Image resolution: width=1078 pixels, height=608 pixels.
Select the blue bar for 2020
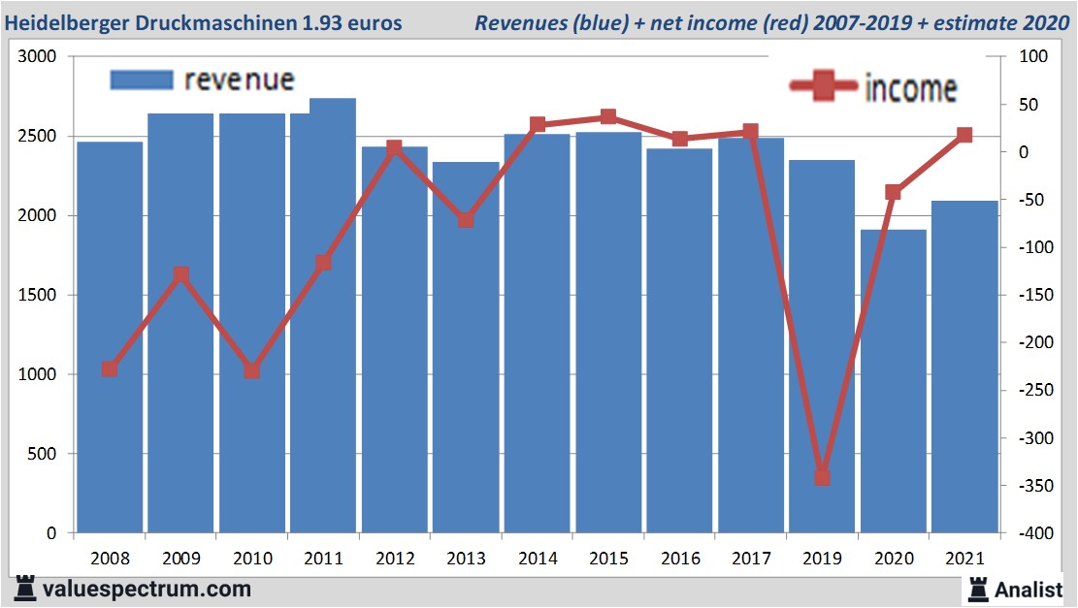[893, 388]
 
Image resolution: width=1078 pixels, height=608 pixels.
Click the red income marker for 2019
[822, 477]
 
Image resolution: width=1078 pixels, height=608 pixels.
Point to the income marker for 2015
[608, 117]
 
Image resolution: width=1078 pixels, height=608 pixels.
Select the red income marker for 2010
[252, 370]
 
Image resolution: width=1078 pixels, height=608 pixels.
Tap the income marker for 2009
[180, 275]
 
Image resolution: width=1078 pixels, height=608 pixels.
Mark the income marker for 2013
[466, 220]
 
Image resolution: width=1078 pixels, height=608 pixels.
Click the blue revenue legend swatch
[142, 80]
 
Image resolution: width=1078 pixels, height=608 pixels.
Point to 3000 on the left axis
[38, 57]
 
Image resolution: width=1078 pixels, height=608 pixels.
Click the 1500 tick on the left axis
[38, 295]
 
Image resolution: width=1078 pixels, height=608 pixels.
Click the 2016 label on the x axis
[679, 559]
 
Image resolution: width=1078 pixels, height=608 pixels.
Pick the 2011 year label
[323, 559]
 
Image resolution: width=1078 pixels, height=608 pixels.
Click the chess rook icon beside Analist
[977, 588]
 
